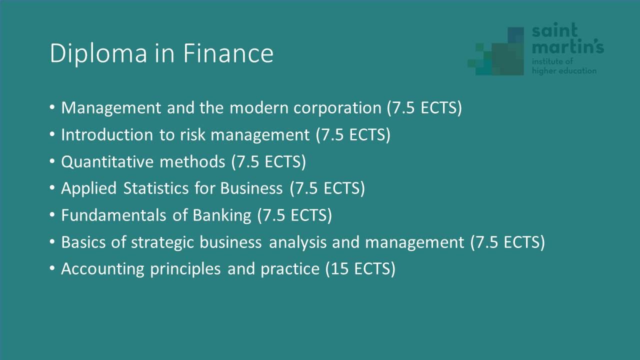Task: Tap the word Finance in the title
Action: coord(228,53)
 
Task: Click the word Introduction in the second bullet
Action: coord(107,134)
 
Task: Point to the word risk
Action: coord(192,134)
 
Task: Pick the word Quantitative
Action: coord(107,161)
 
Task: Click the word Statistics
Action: coord(155,188)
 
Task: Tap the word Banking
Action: coord(221,215)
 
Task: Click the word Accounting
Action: coord(102,269)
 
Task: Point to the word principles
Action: coord(185,269)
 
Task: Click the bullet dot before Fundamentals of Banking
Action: coord(52,214)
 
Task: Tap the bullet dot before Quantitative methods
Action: coord(52,161)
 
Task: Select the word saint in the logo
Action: coord(555,29)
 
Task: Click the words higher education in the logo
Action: coord(564,71)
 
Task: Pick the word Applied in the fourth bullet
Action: coord(88,189)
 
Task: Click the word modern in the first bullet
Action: coord(259,107)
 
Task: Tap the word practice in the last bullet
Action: coord(289,269)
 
